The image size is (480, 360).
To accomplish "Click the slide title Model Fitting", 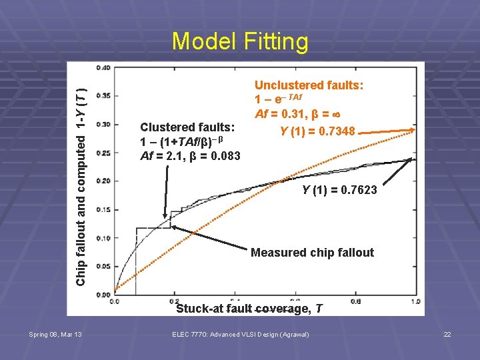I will tap(240, 41).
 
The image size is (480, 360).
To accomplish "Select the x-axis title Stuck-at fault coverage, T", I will tap(249, 309).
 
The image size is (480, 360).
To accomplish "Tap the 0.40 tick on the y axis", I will tap(103, 67).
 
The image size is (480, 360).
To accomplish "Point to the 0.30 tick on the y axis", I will tap(103, 124).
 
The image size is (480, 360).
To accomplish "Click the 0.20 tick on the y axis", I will tap(103, 181).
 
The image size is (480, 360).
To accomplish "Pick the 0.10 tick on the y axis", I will tap(103, 238).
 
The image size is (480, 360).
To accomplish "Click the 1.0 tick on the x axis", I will tap(415, 301).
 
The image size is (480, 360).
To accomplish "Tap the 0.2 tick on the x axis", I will tap(174, 301).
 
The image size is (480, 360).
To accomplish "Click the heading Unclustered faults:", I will tap(309, 85).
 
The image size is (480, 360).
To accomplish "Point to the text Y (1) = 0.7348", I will tap(318, 129).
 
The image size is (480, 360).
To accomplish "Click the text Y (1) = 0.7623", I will tap(339, 191).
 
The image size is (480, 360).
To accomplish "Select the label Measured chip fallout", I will tap(312, 253).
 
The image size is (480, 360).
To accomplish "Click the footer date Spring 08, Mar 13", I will tap(55, 334).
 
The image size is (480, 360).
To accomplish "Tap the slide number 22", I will tap(447, 334).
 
